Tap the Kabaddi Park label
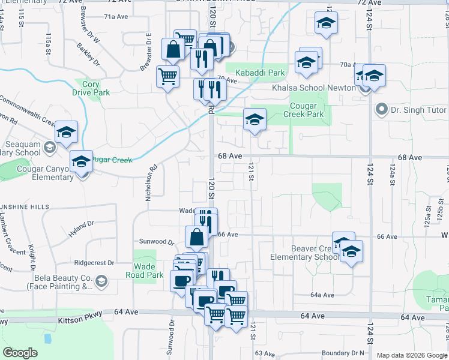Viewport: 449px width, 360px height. tap(259, 73)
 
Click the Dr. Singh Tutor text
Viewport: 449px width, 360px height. tap(419, 110)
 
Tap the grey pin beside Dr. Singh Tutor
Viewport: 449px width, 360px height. tap(380, 110)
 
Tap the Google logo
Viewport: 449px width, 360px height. tap(20, 353)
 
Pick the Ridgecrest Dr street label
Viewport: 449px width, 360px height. tap(94, 263)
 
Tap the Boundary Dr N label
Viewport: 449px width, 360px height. tap(343, 353)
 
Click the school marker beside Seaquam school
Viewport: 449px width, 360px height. tap(67, 134)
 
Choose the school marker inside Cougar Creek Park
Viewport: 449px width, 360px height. tap(255, 120)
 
